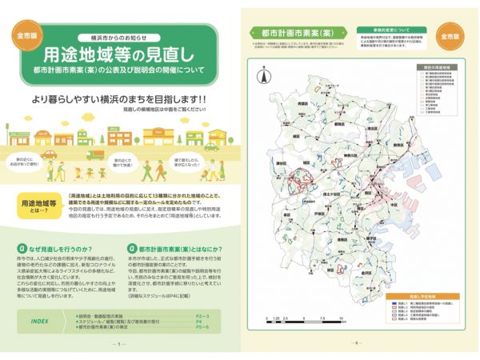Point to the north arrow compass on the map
[x=261, y=78]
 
